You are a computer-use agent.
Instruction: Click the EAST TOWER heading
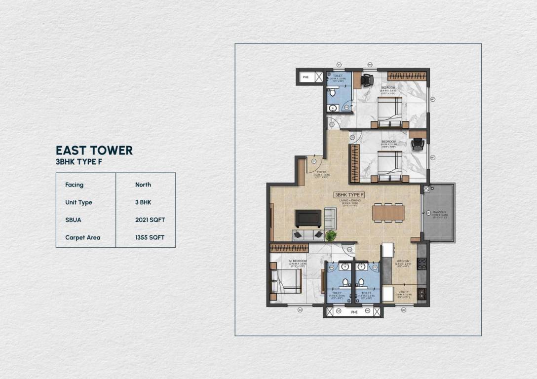pyautogui.click(x=94, y=150)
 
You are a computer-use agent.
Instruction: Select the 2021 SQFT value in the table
pyautogui.click(x=150, y=220)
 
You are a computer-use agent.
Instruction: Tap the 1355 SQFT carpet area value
pyautogui.click(x=150, y=237)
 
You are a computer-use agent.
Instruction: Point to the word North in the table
pyautogui.click(x=143, y=185)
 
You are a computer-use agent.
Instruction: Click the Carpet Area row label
pyautogui.click(x=82, y=237)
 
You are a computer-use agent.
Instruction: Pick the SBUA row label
pyautogui.click(x=74, y=220)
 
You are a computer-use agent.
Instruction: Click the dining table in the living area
pyautogui.click(x=388, y=212)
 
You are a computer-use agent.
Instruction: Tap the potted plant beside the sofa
pyautogui.click(x=330, y=236)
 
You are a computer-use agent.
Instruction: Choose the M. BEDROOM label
pyautogui.click(x=298, y=261)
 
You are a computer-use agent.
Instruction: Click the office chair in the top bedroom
pyautogui.click(x=366, y=79)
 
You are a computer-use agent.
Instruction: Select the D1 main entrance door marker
pyautogui.click(x=314, y=161)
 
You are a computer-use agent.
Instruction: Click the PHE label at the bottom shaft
pyautogui.click(x=353, y=311)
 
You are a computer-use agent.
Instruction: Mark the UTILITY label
pyautogui.click(x=403, y=292)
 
